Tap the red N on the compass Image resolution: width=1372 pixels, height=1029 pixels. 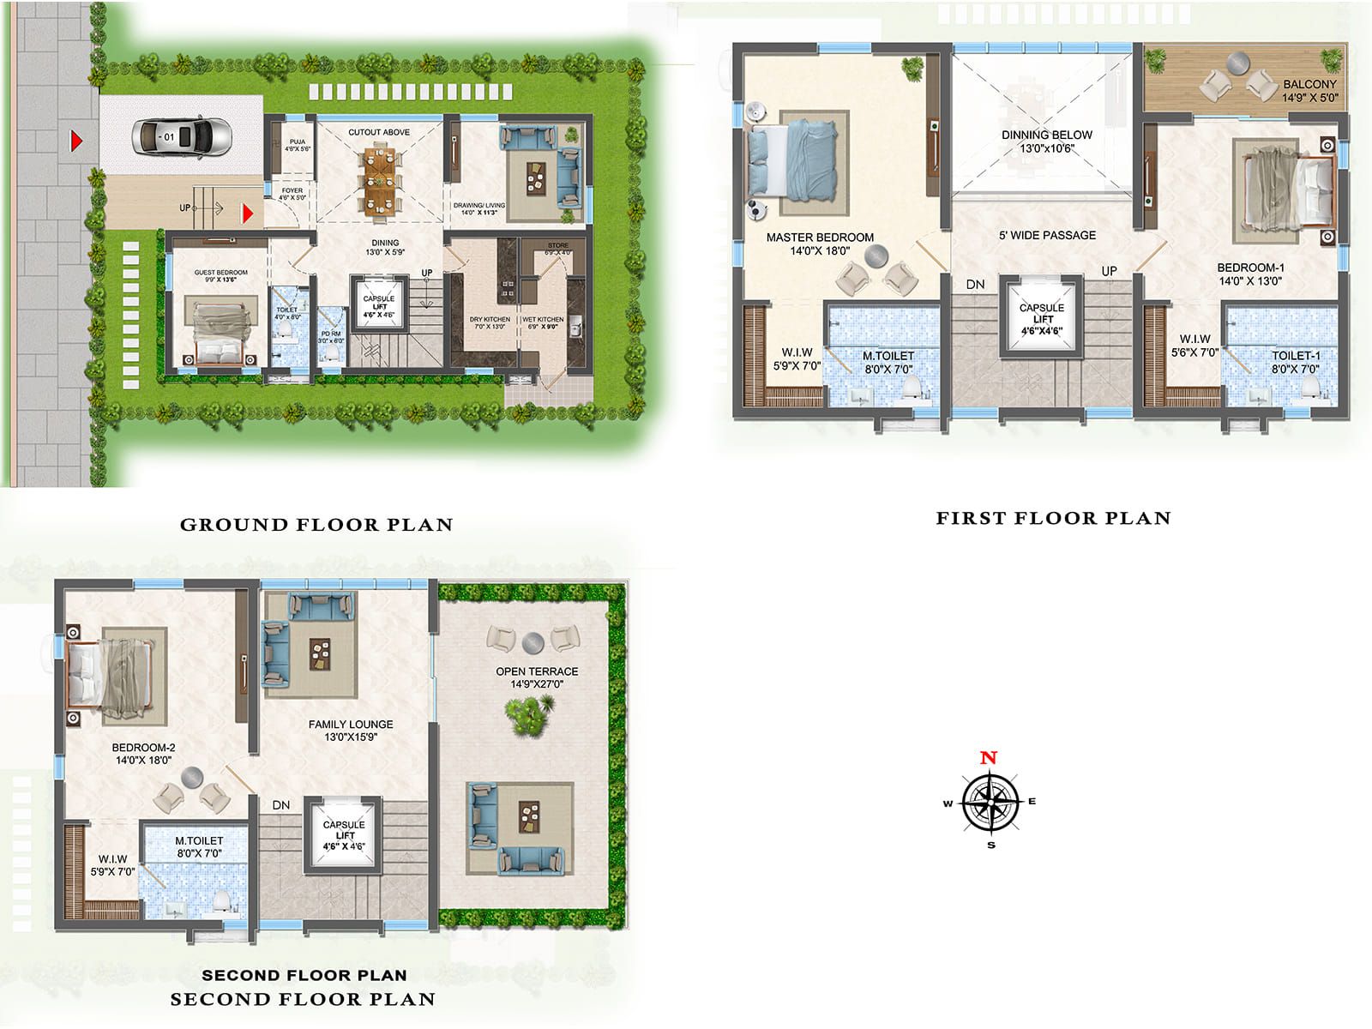(x=989, y=758)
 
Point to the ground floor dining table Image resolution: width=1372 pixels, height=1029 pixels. (x=378, y=181)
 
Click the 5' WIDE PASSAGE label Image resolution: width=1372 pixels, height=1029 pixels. (x=1047, y=235)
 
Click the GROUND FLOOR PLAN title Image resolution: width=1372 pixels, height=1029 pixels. (x=316, y=525)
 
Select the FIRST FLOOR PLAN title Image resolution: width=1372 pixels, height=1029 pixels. (x=1053, y=518)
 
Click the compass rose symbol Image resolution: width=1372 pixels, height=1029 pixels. (x=990, y=803)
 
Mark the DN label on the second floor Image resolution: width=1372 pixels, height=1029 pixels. (x=280, y=805)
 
